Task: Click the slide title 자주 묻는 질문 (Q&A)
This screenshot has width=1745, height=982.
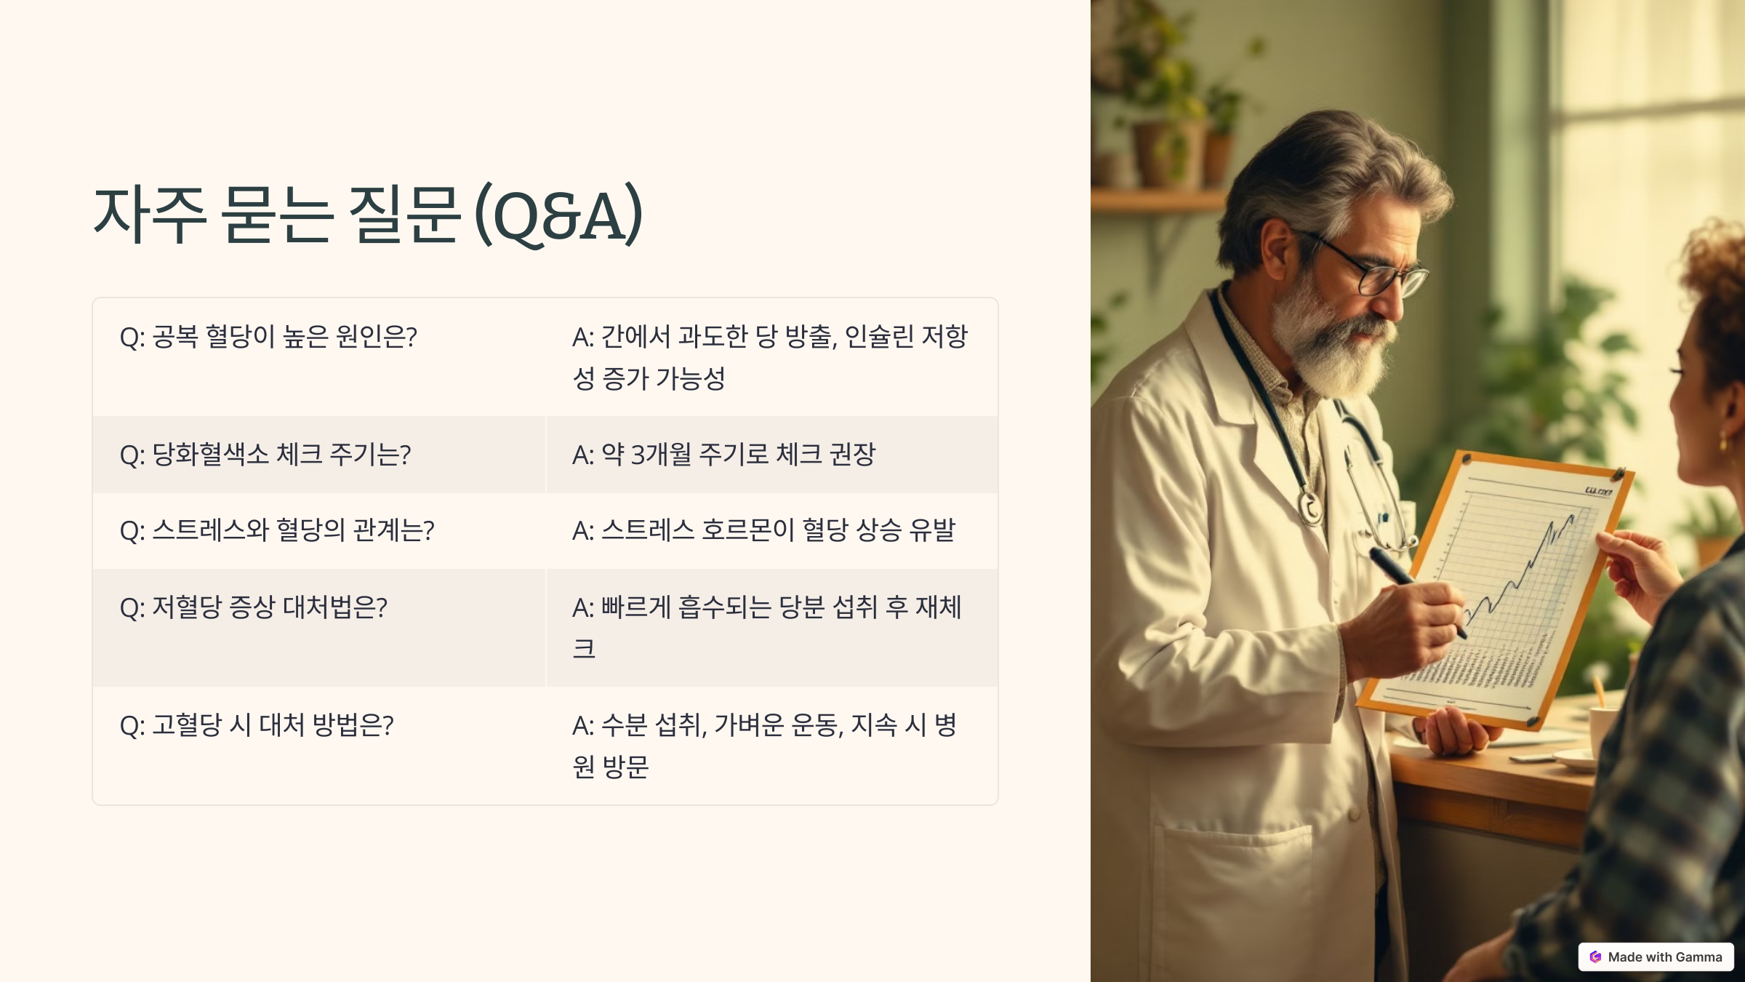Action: (x=368, y=214)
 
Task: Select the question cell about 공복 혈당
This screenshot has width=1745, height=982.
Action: (x=268, y=337)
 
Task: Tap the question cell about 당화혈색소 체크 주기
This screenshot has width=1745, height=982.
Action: (x=265, y=455)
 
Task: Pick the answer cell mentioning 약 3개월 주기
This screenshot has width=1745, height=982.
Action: (x=723, y=455)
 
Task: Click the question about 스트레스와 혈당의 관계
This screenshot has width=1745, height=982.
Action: (x=277, y=530)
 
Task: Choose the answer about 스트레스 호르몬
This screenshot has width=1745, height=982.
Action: (x=763, y=530)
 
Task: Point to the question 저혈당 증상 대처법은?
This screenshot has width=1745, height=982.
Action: (x=254, y=607)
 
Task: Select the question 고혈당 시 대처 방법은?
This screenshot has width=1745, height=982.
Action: (x=257, y=725)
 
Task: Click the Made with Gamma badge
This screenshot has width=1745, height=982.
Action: (x=1656, y=957)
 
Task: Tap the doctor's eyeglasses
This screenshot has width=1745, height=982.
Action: (x=1374, y=269)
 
